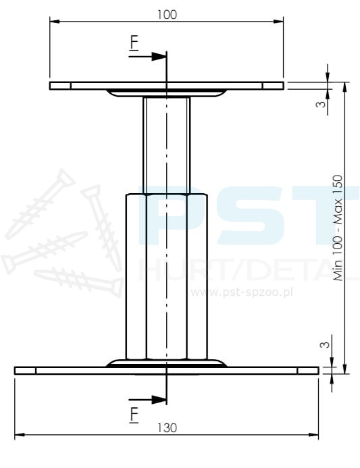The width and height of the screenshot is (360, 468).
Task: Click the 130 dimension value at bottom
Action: point(167,427)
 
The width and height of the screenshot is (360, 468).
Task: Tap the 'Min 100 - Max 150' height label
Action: point(338,228)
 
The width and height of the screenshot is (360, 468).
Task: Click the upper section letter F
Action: point(134,43)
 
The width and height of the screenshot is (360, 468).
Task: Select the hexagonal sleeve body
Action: point(166,277)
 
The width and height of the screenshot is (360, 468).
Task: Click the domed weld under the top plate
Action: point(166,93)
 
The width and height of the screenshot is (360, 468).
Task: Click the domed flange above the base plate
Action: point(166,363)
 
